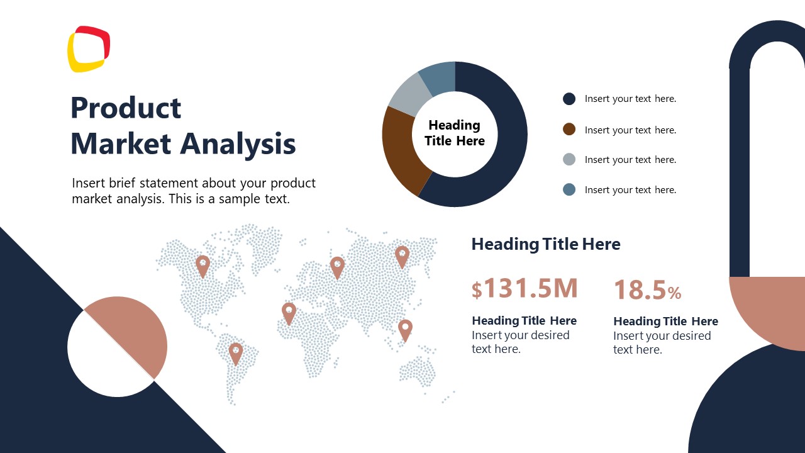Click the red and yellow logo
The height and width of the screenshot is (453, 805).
click(x=89, y=49)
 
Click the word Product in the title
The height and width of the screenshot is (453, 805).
click(x=126, y=108)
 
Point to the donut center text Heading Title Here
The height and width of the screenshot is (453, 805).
click(x=455, y=133)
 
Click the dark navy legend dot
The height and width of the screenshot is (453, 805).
click(x=569, y=99)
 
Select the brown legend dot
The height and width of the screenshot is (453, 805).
click(x=569, y=130)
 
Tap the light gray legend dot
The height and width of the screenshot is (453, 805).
click(x=569, y=160)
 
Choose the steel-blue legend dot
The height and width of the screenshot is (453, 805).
click(x=569, y=189)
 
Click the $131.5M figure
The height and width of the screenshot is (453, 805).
click(x=525, y=288)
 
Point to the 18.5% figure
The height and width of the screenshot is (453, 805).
click(x=647, y=290)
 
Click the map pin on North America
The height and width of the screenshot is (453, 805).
click(x=203, y=266)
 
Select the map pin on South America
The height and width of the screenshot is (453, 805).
click(x=236, y=352)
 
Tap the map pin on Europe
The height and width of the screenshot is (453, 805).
click(x=338, y=266)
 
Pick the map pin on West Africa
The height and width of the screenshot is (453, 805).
click(x=289, y=313)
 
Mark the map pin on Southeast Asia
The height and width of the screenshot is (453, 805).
click(x=406, y=329)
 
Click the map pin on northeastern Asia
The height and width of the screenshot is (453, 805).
click(x=402, y=256)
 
